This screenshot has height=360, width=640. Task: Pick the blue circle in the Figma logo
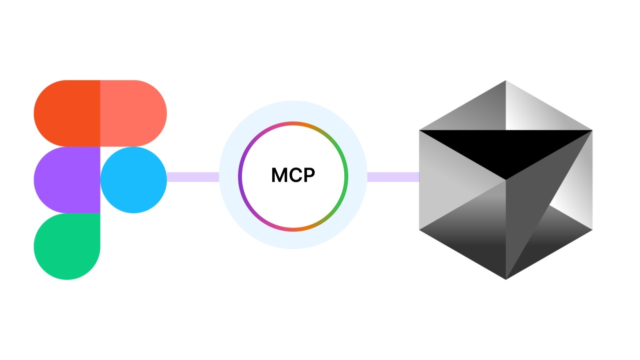pos(134,180)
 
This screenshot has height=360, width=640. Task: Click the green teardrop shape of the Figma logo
pos(67,246)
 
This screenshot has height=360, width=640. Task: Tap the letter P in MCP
pos(308,175)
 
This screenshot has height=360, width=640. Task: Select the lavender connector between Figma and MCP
pos(193,177)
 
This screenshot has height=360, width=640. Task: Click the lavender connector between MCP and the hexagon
pos(393,177)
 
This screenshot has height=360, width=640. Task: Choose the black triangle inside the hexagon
pos(505,150)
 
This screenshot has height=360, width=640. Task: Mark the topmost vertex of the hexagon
pos(505,81)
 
